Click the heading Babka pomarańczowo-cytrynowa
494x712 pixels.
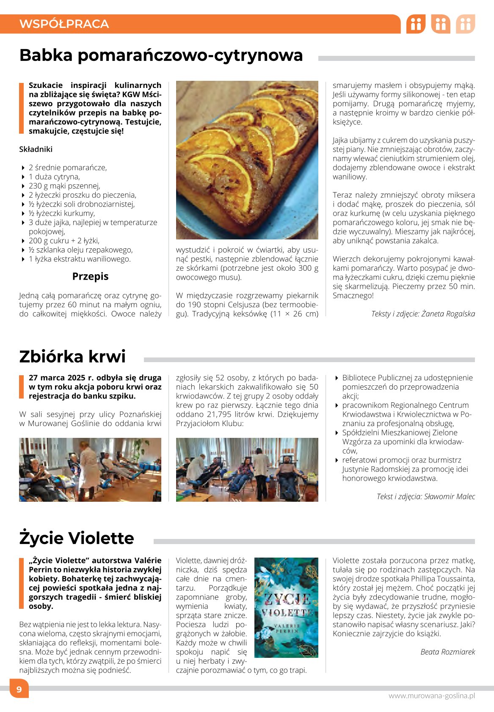click(161, 55)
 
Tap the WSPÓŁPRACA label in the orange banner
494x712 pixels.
click(64, 24)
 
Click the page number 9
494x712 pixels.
click(19, 690)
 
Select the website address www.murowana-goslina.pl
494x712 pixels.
click(431, 696)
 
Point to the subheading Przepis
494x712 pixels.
click(90, 276)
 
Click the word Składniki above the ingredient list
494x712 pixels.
click(36, 149)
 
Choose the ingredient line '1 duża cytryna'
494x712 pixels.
click(54, 176)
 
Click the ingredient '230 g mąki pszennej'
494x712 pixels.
click(64, 186)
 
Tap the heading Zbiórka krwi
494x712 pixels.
click(72, 357)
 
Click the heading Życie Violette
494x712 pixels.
click(77, 538)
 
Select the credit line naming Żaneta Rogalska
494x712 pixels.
click(423, 313)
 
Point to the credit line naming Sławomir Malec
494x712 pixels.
click(425, 496)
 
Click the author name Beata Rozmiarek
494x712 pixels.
click(447, 652)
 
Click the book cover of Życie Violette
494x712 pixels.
click(286, 608)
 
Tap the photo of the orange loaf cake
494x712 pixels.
click(247, 160)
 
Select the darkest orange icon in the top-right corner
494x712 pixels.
click(416, 24)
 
